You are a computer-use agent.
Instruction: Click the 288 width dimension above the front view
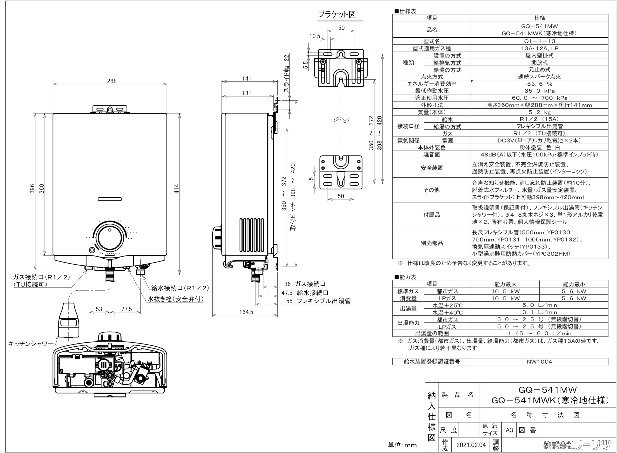click(112, 81)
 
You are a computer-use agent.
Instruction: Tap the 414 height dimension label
click(177, 189)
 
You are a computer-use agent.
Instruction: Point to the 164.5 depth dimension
click(246, 312)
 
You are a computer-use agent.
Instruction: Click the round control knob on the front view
click(110, 238)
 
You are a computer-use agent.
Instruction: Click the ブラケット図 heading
click(337, 14)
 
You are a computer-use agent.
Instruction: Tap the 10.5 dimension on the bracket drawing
click(315, 36)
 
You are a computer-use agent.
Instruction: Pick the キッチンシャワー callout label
click(31, 343)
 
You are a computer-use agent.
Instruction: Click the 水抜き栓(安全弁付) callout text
click(176, 299)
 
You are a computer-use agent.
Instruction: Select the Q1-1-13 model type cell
click(539, 41)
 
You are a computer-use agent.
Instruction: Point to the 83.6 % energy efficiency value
click(539, 84)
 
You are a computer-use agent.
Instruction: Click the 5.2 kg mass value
click(539, 112)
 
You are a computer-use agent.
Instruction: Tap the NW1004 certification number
click(539, 361)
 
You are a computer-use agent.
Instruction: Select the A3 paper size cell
click(509, 430)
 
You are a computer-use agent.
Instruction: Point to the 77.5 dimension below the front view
click(127, 309)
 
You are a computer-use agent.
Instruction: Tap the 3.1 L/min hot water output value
click(539, 312)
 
